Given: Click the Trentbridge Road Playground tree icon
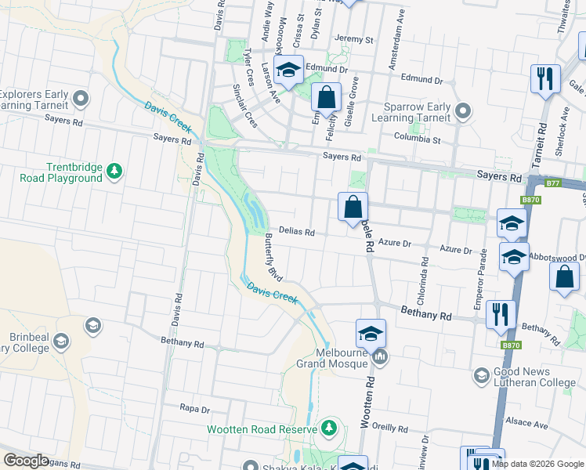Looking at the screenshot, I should [x=114, y=171].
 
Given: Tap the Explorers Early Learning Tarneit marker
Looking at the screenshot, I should [x=79, y=99].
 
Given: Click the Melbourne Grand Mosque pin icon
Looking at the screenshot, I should [x=380, y=358].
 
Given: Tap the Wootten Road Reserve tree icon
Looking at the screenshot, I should [x=329, y=428].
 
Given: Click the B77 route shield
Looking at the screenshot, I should [x=554, y=183].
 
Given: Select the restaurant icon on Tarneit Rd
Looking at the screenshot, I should [x=544, y=79].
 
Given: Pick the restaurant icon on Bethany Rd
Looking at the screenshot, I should [x=500, y=315].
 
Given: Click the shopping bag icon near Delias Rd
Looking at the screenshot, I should [x=353, y=208].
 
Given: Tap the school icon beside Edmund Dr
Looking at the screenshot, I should [x=288, y=70].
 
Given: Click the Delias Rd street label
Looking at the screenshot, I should [x=297, y=232].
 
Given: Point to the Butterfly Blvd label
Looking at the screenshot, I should [x=273, y=258].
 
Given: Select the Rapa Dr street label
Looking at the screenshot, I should [x=194, y=408].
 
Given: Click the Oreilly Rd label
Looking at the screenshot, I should [x=391, y=428].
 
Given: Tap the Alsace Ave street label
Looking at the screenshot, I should [x=530, y=424].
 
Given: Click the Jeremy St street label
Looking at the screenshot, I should [x=353, y=39].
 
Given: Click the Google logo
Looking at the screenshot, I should [x=26, y=461].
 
